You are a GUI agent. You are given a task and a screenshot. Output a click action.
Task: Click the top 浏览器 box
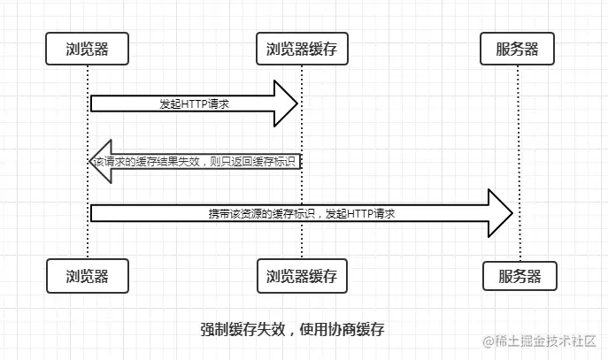[88, 49]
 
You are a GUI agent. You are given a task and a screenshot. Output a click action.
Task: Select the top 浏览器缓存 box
[302, 49]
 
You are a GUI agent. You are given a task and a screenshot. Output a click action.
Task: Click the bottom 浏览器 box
[88, 275]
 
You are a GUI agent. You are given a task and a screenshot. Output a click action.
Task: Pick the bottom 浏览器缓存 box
[302, 276]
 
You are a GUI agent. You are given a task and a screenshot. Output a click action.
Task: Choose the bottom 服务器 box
[519, 276]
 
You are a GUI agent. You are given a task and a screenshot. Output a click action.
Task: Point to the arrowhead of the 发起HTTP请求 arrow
[288, 104]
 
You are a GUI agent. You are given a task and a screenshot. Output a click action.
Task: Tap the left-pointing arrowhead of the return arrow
[101, 162]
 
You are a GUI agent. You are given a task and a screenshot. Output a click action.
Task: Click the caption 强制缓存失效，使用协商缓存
[292, 329]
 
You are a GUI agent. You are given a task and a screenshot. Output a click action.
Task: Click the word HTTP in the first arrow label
[194, 104]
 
